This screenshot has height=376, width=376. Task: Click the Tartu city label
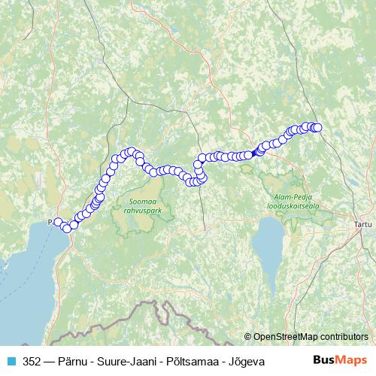click(x=363, y=223)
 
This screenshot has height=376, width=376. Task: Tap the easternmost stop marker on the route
click(x=317, y=127)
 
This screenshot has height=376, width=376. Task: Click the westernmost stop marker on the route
click(x=58, y=221)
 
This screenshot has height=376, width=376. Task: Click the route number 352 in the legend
click(x=32, y=362)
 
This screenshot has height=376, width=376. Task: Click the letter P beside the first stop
click(x=50, y=222)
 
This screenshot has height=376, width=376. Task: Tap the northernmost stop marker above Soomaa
click(x=132, y=151)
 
